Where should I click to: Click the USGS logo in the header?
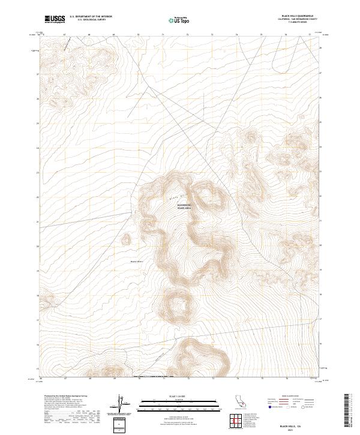point(55,20)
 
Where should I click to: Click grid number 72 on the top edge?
point(187,35)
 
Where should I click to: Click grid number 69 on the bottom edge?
point(113,378)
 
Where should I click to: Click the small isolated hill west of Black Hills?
point(126,240)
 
